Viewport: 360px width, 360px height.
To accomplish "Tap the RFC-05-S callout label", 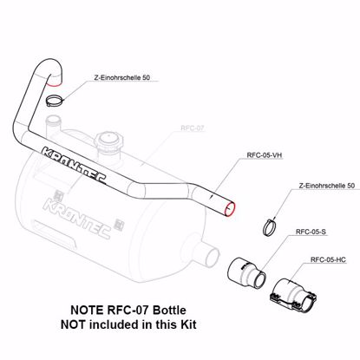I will (x=310, y=232).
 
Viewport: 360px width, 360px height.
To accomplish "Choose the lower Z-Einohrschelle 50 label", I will (x=326, y=187).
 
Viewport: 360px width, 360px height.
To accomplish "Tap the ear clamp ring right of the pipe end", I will (x=272, y=228).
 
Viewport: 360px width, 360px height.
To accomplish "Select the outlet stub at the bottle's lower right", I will (x=206, y=259).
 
